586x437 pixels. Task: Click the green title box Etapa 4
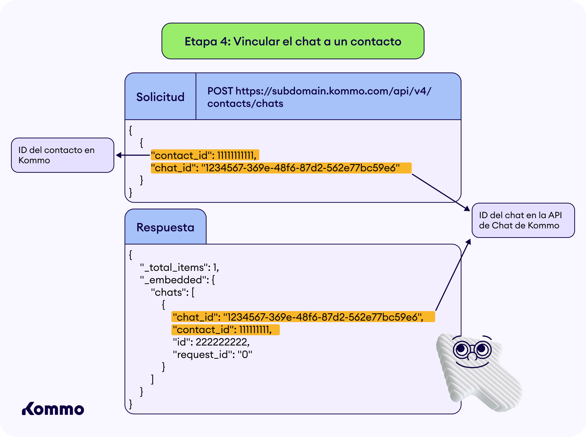point(293,41)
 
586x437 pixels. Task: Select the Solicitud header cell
point(160,97)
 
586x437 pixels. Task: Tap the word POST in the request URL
point(220,91)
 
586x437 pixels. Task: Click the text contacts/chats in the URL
point(245,103)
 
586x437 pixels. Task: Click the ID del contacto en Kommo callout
point(63,155)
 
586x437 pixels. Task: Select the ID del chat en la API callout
point(523,220)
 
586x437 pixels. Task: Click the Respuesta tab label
point(166,227)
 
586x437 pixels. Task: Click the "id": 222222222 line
point(211,342)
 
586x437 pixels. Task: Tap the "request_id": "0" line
point(212,355)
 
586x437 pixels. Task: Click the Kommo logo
point(53,409)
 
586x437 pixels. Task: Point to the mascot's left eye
point(462,349)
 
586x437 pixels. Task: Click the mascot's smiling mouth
point(472,366)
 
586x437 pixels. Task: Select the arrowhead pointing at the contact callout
point(119,155)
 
